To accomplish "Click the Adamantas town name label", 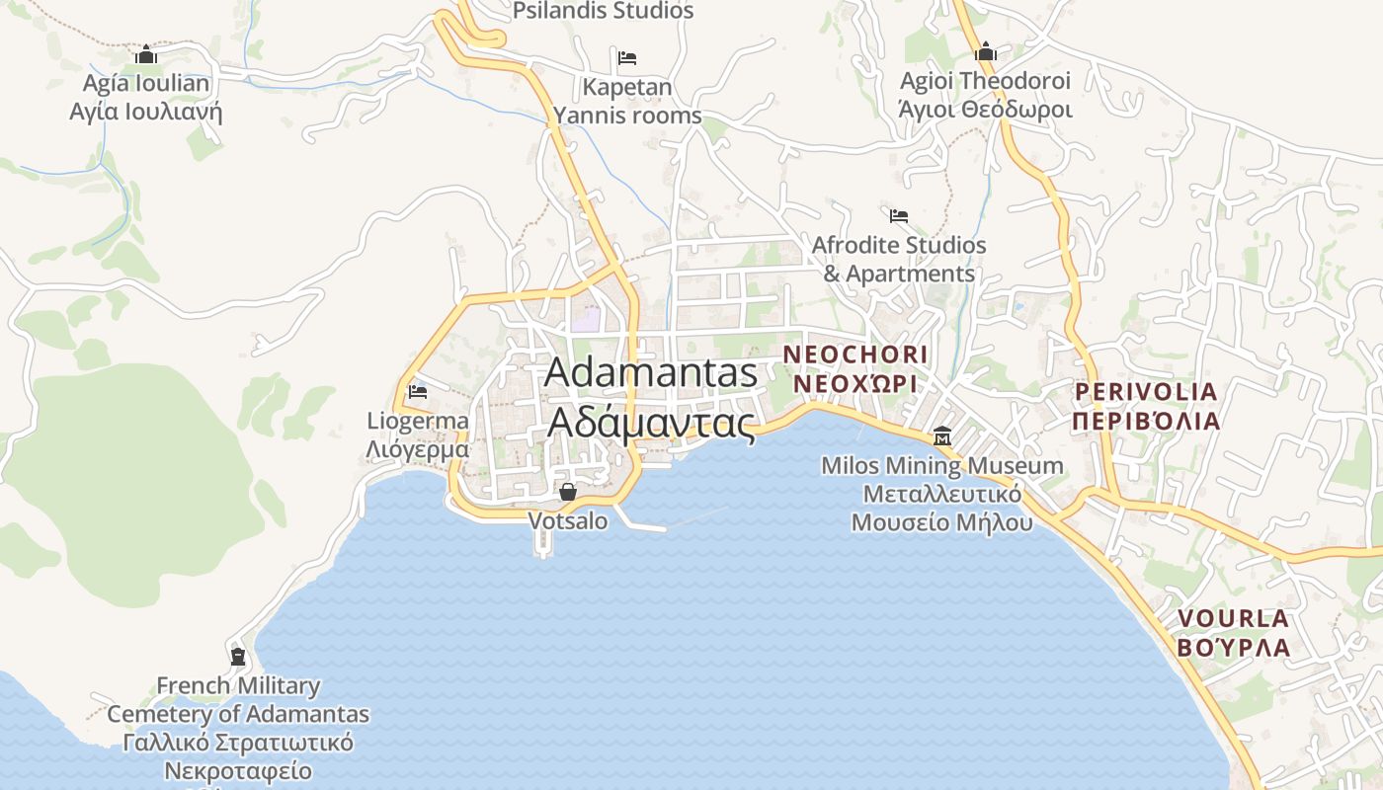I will [651, 372].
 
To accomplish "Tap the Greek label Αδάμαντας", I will [651, 422].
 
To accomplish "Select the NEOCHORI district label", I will [855, 355].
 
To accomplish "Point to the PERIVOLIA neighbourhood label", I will [1146, 392].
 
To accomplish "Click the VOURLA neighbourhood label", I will [1233, 619].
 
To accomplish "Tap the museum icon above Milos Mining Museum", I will [941, 435].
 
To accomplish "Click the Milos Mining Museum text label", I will [942, 465].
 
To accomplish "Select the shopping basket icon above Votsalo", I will [568, 491].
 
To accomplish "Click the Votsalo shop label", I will [568, 520].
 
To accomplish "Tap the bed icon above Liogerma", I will [418, 391].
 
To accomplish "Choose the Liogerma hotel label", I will [418, 421].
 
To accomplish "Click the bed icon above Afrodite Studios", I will [898, 215].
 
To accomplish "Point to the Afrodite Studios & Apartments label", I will [899, 259].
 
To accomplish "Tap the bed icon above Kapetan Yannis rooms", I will [626, 57].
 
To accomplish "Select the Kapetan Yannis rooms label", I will [627, 101].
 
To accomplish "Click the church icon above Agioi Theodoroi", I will [985, 51].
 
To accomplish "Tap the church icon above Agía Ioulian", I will [146, 53].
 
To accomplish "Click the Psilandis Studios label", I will [603, 11].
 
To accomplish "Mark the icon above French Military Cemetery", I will [237, 656].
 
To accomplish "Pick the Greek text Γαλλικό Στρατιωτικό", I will [238, 742].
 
